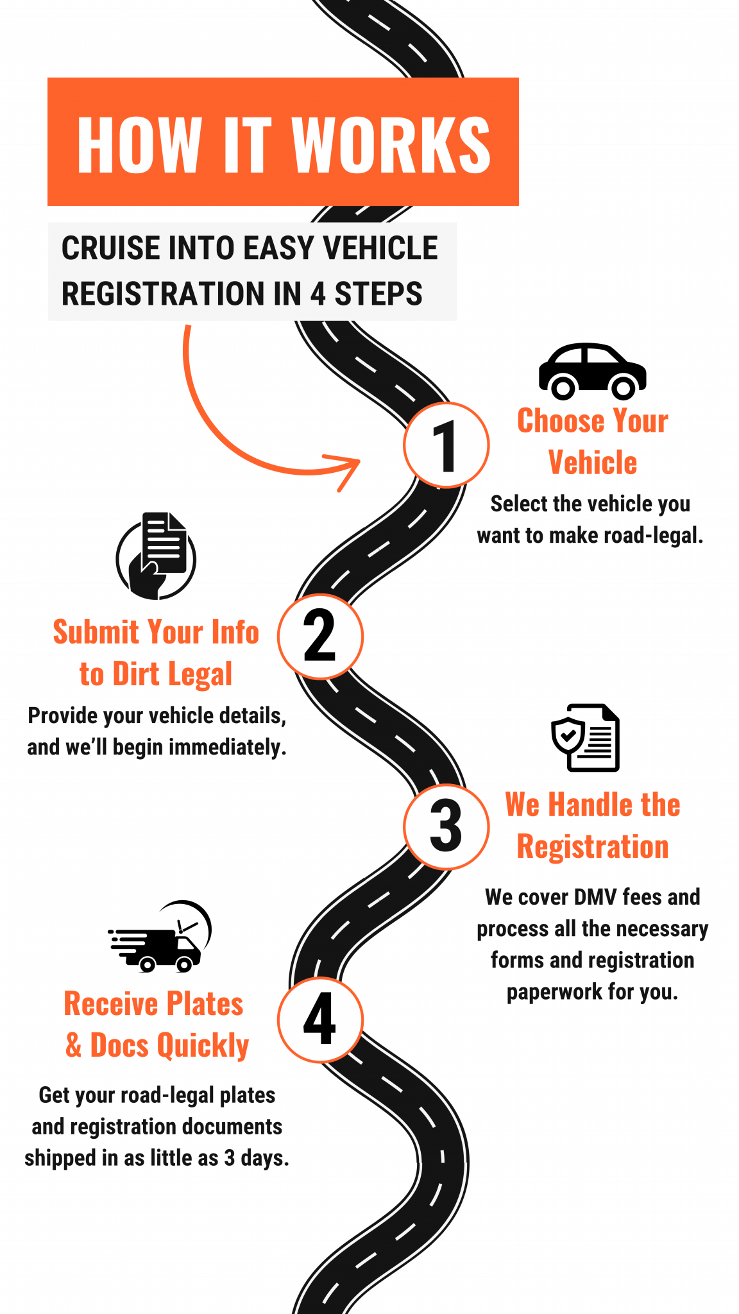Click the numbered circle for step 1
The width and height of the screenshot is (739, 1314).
coord(446,445)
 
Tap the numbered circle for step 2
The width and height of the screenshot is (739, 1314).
coord(320,636)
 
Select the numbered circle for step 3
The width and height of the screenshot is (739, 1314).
coord(446,826)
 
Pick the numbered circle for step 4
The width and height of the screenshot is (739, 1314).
coord(320,1020)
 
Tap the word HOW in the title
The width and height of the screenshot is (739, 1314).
coord(139,145)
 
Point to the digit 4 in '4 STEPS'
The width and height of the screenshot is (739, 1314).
coord(318,294)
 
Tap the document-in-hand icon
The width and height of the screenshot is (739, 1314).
coord(157,556)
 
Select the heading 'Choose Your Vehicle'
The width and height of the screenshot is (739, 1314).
coord(592,441)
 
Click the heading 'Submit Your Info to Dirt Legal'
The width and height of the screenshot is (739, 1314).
coord(156,653)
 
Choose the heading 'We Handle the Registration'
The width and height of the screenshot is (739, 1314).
coord(592,826)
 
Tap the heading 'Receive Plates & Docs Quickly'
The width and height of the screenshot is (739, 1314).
coord(156,1025)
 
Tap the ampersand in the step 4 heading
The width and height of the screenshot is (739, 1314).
coord(74,1045)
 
